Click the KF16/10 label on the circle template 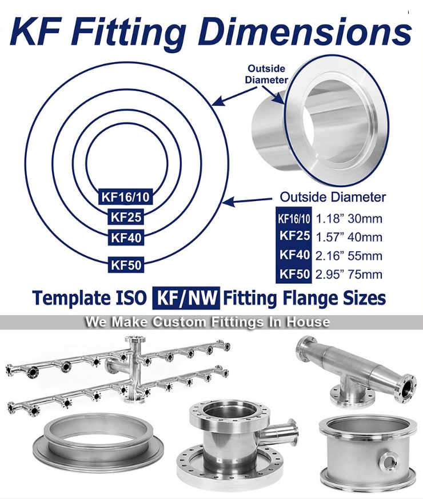click(125, 196)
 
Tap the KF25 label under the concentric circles click(126, 217)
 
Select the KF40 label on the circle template click(126, 238)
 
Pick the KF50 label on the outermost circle click(126, 264)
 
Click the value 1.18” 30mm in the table click(349, 219)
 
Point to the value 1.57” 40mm click(349, 237)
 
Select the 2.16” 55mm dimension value click(349, 256)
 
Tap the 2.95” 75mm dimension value click(349, 274)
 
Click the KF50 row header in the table click(294, 274)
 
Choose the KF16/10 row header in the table click(294, 219)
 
